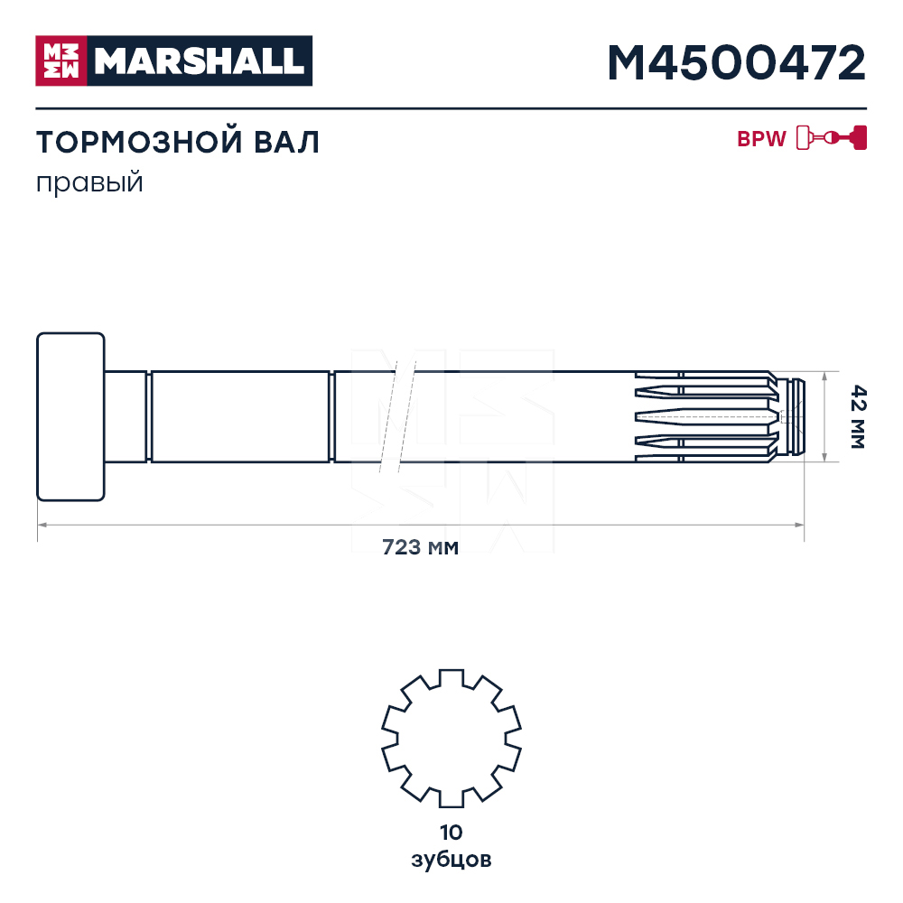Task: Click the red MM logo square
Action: (x=61, y=61)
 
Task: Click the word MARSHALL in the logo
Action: (x=200, y=61)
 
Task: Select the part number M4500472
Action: (x=737, y=63)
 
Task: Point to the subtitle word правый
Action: (x=89, y=183)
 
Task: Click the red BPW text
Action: (x=761, y=139)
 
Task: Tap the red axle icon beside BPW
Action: (x=832, y=137)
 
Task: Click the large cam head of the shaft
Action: (x=70, y=416)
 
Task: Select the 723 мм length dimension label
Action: (x=421, y=546)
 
